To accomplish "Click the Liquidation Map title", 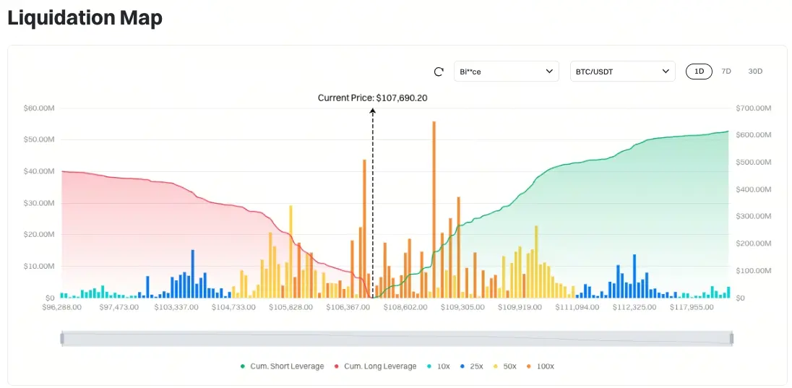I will click(85, 18).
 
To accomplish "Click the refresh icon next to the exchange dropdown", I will click(439, 72).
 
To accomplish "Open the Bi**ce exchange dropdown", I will click(506, 72).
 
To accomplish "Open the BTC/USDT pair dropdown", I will click(622, 72).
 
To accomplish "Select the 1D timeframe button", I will click(699, 72).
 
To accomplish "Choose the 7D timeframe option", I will click(726, 72).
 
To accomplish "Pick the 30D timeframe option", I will click(755, 72).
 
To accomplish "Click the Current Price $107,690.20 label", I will click(372, 98).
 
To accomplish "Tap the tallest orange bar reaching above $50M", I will click(434, 210).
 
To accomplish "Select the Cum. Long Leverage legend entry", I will click(375, 366).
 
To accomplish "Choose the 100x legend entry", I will click(541, 366).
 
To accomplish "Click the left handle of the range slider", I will click(62, 338).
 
